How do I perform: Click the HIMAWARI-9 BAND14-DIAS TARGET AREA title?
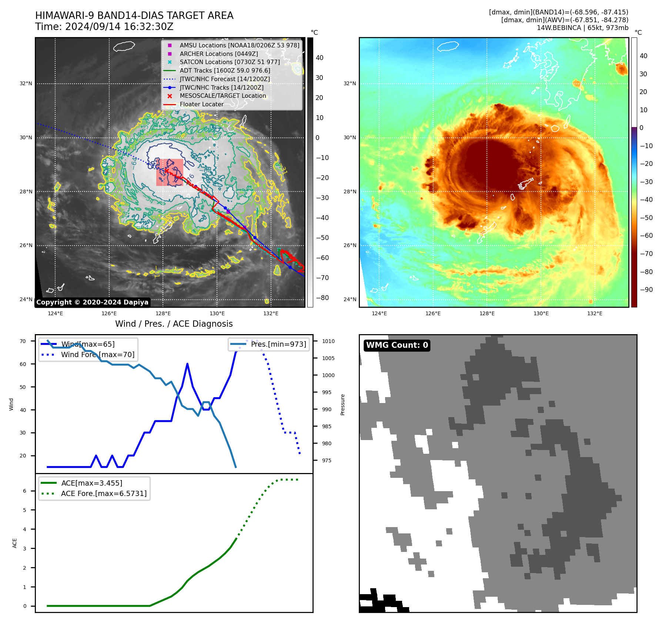click(134, 16)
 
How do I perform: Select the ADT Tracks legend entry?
click(225, 70)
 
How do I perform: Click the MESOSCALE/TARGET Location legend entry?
click(223, 96)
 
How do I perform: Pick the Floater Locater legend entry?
click(201, 104)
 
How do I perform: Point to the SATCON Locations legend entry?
click(230, 62)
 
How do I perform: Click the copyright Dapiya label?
click(92, 302)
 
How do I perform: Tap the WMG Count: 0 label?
click(397, 345)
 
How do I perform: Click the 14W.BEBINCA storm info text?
click(582, 28)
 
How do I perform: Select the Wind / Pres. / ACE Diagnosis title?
click(174, 324)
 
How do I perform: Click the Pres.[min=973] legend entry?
click(278, 344)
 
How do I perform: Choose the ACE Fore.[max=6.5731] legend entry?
click(104, 493)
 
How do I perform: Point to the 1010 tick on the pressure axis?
click(328, 341)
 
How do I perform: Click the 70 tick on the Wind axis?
click(23, 341)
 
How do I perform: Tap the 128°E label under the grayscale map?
click(163, 313)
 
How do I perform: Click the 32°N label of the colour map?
click(350, 83)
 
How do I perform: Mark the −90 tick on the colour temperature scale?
click(646, 290)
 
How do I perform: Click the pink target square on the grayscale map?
click(170, 172)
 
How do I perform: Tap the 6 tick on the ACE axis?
click(24, 491)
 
